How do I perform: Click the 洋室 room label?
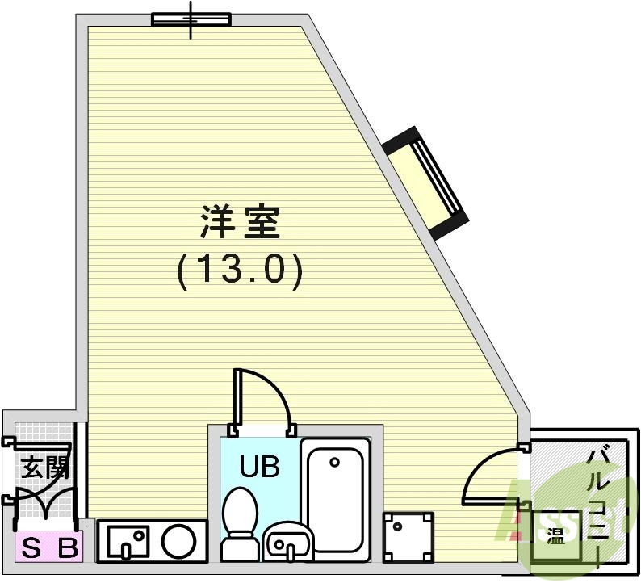coord(240,222)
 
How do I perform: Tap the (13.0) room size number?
coord(240,270)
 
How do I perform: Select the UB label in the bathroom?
coord(258,466)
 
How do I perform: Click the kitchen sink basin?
coord(128,539)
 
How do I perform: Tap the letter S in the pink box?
coord(31,550)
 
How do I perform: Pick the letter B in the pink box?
coord(69,550)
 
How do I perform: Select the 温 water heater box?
coord(555,535)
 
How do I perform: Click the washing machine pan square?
coord(408,537)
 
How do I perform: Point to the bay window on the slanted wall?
coord(426,182)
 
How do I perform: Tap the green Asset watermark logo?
coord(565,517)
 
